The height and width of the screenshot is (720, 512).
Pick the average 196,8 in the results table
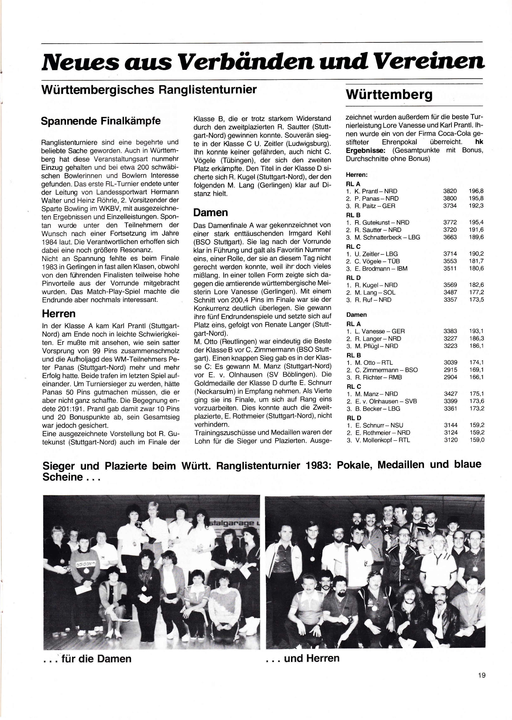(476, 191)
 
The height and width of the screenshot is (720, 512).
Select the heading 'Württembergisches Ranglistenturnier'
(149, 90)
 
